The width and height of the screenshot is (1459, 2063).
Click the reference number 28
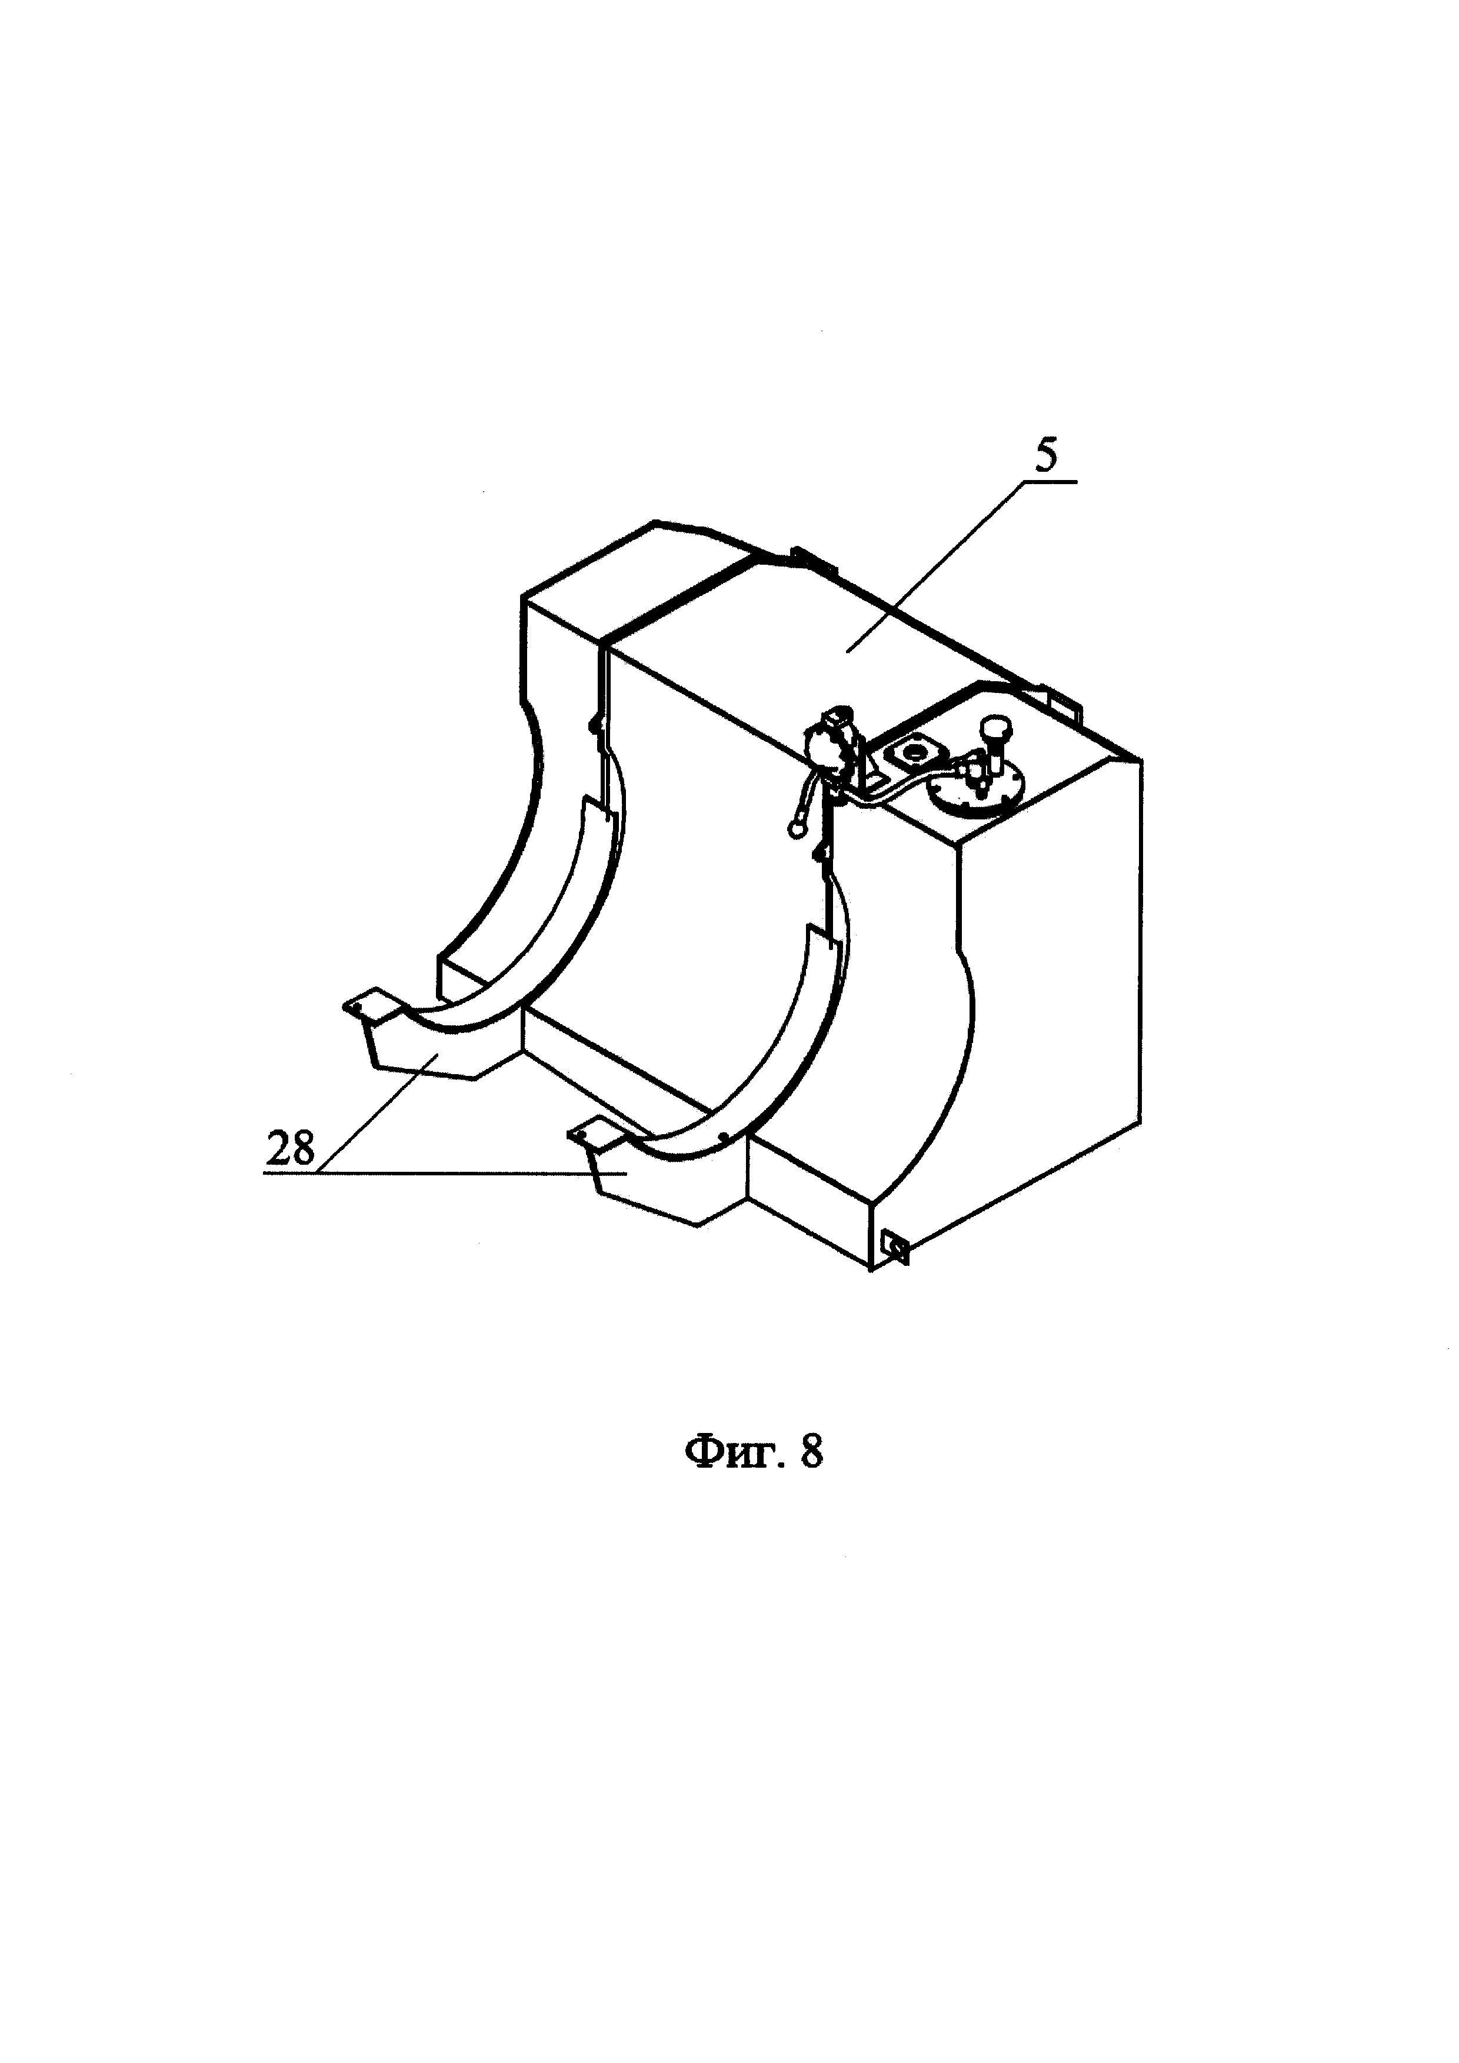click(x=290, y=1149)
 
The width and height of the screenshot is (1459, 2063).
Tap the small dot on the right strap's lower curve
click(x=724, y=1136)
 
